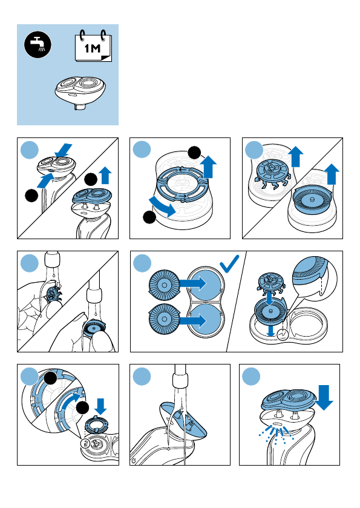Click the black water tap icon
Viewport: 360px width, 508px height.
point(38,45)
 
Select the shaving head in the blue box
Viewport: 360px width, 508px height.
point(80,93)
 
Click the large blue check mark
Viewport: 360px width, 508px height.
point(229,264)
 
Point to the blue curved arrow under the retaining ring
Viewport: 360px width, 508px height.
point(162,207)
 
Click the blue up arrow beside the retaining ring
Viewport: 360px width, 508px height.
point(209,167)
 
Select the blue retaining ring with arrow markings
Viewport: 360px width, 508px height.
point(182,184)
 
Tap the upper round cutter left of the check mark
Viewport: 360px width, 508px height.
point(164,285)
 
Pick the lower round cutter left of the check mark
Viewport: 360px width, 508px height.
point(164,319)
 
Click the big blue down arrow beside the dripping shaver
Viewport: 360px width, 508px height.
point(324,397)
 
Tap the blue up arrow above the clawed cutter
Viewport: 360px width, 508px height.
point(296,156)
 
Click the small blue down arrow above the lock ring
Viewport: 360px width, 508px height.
point(100,406)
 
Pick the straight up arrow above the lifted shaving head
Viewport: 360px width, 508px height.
point(105,175)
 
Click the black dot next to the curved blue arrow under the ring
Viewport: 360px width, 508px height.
point(149,217)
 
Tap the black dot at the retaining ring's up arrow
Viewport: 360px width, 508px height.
point(194,153)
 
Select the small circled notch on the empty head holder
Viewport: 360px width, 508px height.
point(283,334)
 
